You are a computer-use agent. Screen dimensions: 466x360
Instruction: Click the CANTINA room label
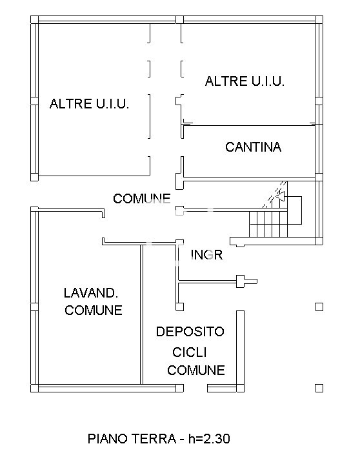tap(253, 147)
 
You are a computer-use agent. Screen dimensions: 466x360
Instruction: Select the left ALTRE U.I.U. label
tap(90, 104)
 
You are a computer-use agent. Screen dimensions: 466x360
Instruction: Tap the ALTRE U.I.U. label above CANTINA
tap(245, 81)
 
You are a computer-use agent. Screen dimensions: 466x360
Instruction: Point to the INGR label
tap(207, 255)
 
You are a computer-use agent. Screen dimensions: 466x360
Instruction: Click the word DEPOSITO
tap(190, 332)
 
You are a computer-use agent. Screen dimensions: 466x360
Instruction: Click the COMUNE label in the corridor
tap(141, 198)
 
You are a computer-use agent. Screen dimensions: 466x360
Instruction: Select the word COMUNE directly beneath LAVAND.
tap(94, 310)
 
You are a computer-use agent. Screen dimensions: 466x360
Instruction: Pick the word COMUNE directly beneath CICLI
tap(196, 370)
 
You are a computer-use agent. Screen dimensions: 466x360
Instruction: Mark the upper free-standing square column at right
tap(319, 307)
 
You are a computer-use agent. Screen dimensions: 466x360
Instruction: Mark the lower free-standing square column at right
tap(319, 387)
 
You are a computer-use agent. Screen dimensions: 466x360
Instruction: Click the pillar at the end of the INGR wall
tap(242, 281)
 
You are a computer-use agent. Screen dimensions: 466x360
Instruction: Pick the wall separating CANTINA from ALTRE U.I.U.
tap(252, 123)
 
